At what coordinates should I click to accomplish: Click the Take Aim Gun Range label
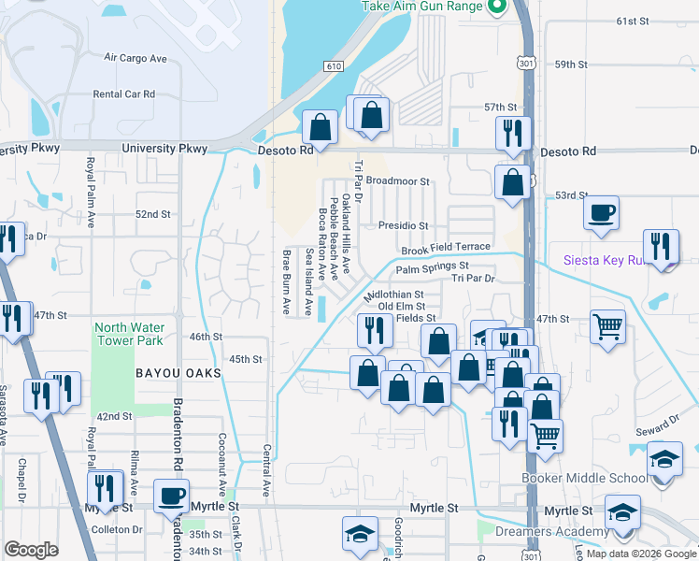[421, 7]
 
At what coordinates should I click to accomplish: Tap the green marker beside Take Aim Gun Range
[496, 7]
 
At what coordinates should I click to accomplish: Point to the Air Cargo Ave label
[136, 58]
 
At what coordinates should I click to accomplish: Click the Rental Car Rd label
[123, 94]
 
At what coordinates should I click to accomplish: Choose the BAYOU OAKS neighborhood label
[178, 373]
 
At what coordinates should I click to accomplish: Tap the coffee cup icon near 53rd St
[601, 211]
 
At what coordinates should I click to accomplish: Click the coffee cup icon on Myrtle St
[171, 495]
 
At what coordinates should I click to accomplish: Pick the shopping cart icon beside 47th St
[607, 327]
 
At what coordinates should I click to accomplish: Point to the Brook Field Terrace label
[446, 250]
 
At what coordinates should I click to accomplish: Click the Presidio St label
[403, 225]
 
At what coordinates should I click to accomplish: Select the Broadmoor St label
[397, 181]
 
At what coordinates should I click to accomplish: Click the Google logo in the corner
[30, 550]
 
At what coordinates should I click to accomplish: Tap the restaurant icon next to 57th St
[513, 132]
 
